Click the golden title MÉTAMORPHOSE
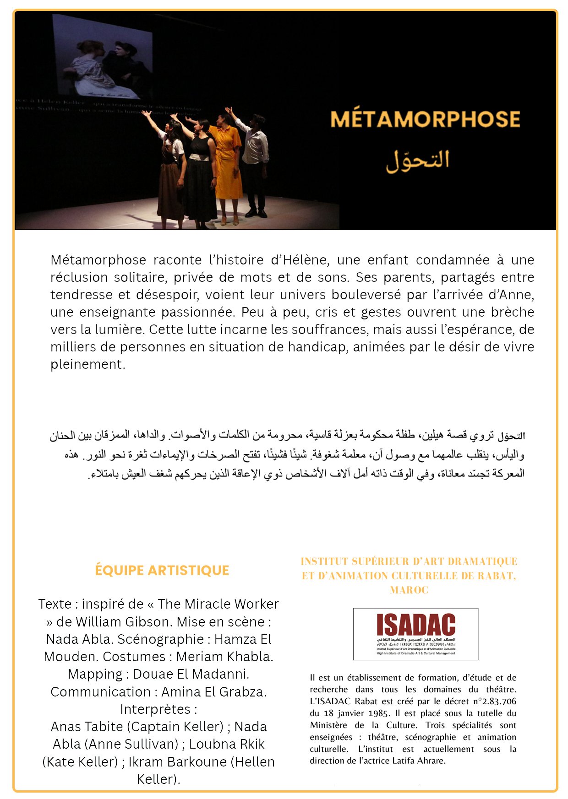[x=425, y=119]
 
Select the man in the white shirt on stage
[x=255, y=160]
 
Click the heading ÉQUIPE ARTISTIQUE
[x=162, y=570]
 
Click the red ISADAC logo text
[x=415, y=625]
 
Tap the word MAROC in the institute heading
[x=409, y=590]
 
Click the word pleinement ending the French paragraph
[x=87, y=364]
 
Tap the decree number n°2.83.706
[x=495, y=701]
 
